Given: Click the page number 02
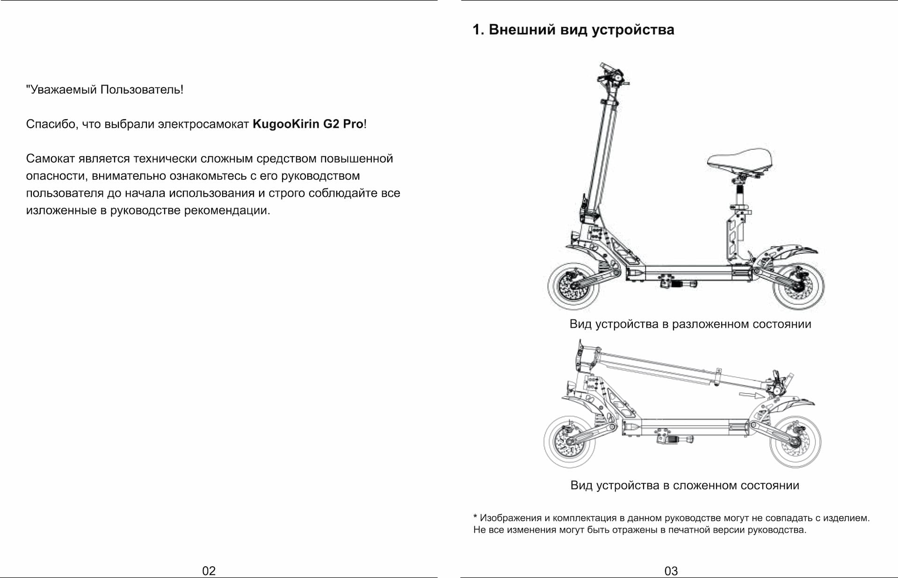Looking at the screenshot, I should (x=209, y=571).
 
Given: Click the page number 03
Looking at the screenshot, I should (x=671, y=571).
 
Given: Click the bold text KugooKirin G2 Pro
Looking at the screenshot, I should (x=308, y=124).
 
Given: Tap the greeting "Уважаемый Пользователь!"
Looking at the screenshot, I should (x=105, y=89).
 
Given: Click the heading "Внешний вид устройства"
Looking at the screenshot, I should (x=581, y=29).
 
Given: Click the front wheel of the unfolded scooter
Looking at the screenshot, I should (x=574, y=286).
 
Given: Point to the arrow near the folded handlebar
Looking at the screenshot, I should (x=751, y=396).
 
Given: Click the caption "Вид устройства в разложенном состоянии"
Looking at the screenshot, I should (x=690, y=324).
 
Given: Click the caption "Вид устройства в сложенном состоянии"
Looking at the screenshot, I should (x=684, y=485).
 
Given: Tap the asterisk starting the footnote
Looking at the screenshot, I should (x=475, y=517).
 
